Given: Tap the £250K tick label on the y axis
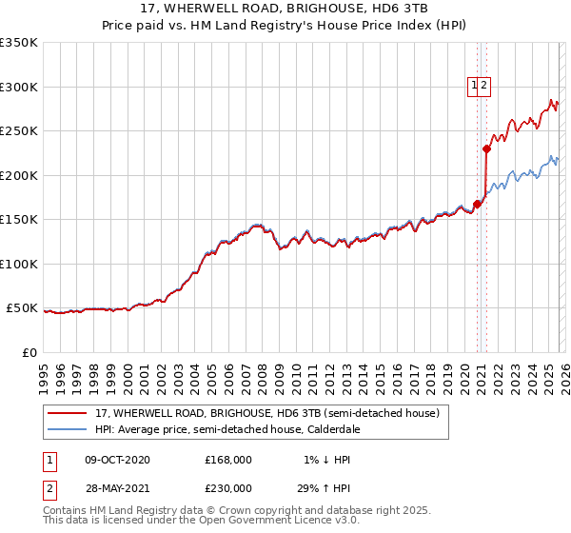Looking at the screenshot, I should [19, 131].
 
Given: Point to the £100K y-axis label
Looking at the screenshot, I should [19, 264].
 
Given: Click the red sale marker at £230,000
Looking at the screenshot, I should [486, 148].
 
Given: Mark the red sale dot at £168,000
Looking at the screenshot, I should [477, 203].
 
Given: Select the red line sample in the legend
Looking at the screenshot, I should [68, 414].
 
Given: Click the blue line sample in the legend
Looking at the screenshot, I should [68, 430].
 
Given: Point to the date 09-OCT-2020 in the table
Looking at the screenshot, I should [117, 460].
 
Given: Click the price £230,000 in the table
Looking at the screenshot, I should [228, 487].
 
